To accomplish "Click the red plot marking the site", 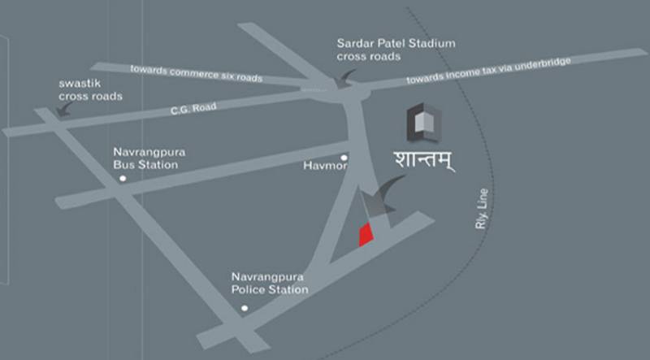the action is [x=366, y=235].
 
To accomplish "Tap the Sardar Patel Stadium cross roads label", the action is [x=396, y=50].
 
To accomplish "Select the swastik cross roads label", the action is [x=90, y=90].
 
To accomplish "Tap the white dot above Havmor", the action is [x=344, y=158].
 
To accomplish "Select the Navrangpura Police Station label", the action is [x=269, y=283].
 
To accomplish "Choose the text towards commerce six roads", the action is [x=197, y=73].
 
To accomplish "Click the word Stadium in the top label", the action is [x=428, y=43].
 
